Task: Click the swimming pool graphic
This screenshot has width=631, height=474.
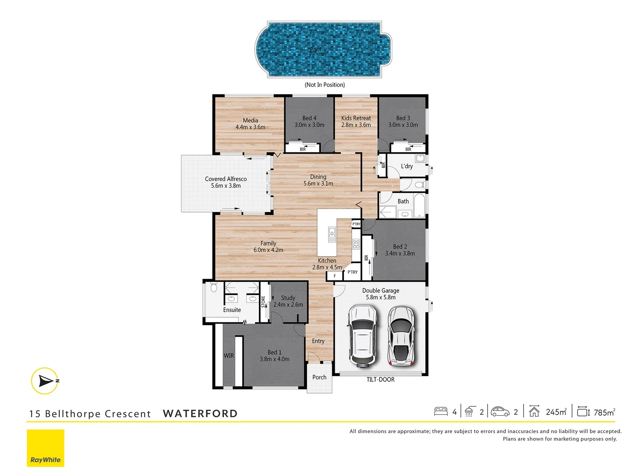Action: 323,49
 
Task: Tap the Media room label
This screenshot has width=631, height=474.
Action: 250,121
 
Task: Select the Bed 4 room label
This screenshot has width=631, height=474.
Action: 309,118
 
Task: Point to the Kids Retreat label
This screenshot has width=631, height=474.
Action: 356,118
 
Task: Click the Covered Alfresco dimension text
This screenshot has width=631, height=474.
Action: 226,186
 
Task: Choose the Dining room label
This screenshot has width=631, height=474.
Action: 318,177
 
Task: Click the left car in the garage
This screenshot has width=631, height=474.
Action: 362,336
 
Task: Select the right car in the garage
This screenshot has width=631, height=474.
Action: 401,336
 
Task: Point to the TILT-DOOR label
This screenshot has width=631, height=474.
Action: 380,380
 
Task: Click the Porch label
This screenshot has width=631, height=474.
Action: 319,377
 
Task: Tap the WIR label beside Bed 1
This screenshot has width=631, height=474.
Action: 229,356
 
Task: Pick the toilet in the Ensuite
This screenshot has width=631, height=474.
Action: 214,288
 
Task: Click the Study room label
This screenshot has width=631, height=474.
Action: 288,298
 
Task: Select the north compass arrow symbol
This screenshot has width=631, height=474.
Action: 45,381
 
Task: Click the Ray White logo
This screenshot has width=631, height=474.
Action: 46,448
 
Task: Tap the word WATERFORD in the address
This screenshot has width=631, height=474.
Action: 200,413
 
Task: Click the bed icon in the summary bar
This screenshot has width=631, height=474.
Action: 441,412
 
